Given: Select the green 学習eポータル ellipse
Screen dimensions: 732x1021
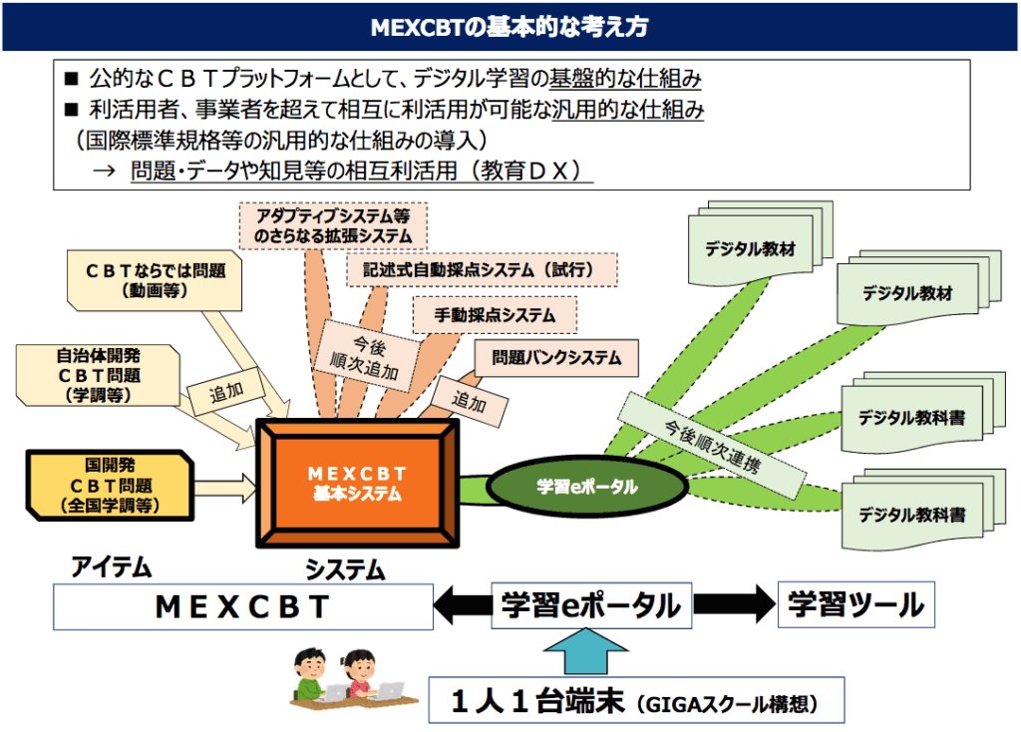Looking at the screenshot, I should point(586,486).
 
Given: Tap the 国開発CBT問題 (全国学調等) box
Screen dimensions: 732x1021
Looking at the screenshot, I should point(111,485).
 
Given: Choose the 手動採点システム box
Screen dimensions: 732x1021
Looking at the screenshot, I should point(495,314).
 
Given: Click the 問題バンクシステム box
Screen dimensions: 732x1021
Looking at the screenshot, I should point(555,357).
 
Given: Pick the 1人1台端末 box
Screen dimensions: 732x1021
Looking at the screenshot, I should point(636,702).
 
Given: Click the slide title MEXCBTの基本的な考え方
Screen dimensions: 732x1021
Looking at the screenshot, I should point(510,27).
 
